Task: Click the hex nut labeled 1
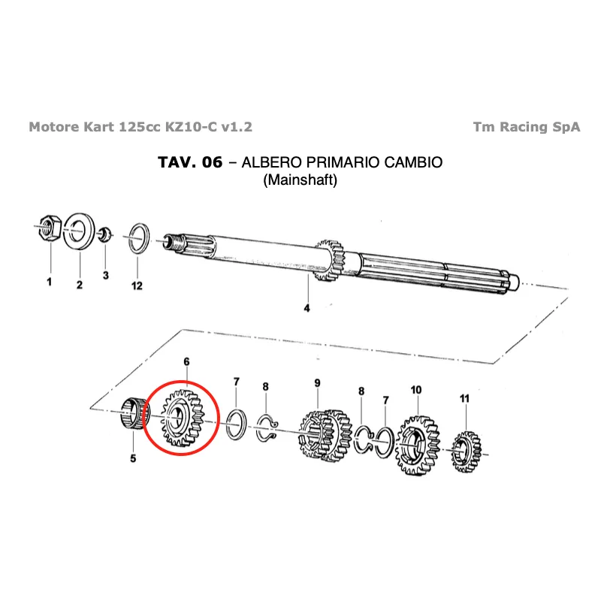(49, 227)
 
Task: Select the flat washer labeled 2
(77, 231)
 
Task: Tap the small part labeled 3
(106, 234)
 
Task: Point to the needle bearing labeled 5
(134, 415)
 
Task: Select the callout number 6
(186, 362)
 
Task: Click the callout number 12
(137, 285)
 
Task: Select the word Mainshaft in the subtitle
(300, 181)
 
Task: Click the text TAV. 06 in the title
(190, 162)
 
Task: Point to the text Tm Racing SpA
(527, 127)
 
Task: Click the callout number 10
(416, 390)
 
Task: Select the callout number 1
(49, 282)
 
